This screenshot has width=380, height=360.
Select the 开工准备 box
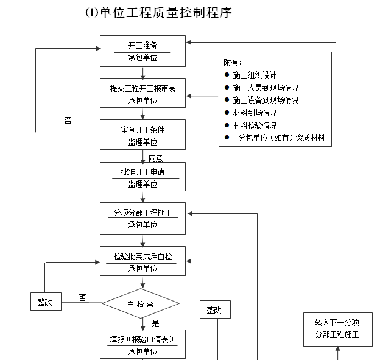(x=142, y=51)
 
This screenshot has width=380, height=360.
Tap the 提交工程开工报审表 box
(x=142, y=94)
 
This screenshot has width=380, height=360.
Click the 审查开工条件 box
(x=142, y=135)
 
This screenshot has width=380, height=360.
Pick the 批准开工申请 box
(x=142, y=177)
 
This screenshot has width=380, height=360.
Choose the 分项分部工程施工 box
(x=142, y=219)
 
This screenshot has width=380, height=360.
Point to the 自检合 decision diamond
(x=141, y=303)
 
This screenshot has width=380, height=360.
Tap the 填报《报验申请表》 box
(x=142, y=344)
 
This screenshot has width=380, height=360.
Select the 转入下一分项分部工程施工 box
(x=337, y=329)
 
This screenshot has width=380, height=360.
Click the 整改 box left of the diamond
(x=46, y=302)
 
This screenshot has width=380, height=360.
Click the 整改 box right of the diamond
(x=214, y=309)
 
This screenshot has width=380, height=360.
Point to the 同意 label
(x=156, y=158)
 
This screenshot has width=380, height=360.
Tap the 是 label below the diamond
(x=155, y=323)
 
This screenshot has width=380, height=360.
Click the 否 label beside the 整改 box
(x=82, y=297)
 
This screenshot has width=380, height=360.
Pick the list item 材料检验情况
(x=255, y=125)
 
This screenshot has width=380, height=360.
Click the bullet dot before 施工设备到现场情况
(x=227, y=100)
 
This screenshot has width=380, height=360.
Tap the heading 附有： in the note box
(x=233, y=62)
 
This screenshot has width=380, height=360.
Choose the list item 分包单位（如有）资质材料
(x=281, y=138)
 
